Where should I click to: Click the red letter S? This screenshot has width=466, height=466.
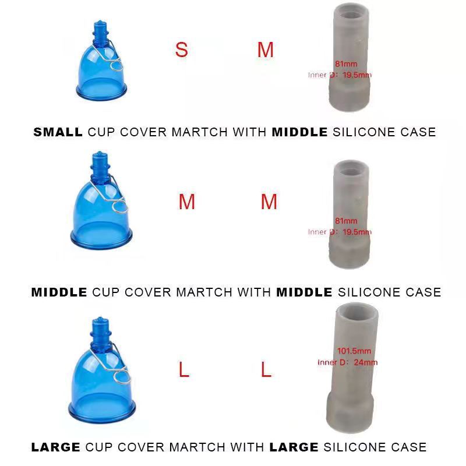181,50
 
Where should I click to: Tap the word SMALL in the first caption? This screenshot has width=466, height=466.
58,132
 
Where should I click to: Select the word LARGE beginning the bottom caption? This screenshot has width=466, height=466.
55,447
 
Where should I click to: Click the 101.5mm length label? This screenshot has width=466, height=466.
354,351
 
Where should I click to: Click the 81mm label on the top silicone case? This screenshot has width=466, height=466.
346,64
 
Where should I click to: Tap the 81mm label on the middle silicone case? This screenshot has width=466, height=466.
346,221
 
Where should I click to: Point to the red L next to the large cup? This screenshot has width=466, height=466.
184,369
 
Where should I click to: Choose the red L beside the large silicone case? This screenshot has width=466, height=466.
266,369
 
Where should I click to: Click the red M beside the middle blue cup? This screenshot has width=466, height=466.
186,202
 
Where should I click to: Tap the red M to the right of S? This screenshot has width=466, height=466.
266,50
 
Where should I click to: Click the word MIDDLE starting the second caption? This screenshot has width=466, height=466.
59,292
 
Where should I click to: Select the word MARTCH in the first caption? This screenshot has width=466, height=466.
199,132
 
